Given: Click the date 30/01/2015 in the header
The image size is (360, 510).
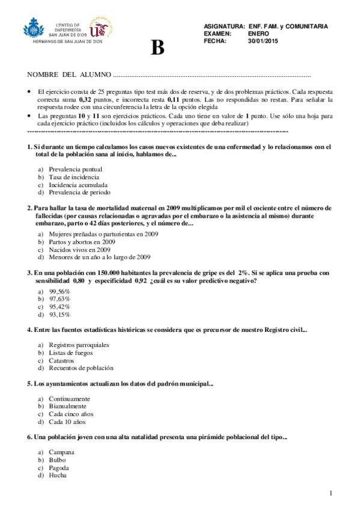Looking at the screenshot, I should (265, 41).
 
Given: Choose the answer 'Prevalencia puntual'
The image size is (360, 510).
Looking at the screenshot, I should (75, 170).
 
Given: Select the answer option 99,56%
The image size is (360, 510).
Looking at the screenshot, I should (59, 291).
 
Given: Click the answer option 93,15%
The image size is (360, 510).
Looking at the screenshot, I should (59, 315).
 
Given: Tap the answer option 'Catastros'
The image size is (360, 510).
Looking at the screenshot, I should (61, 360).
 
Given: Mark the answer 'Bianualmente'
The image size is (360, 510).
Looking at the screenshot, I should (67, 406).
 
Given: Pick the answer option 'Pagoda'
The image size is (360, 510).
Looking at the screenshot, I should (59, 468).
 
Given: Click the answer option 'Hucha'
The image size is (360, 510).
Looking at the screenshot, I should (58, 476).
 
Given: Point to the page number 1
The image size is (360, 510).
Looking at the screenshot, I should (331, 494).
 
